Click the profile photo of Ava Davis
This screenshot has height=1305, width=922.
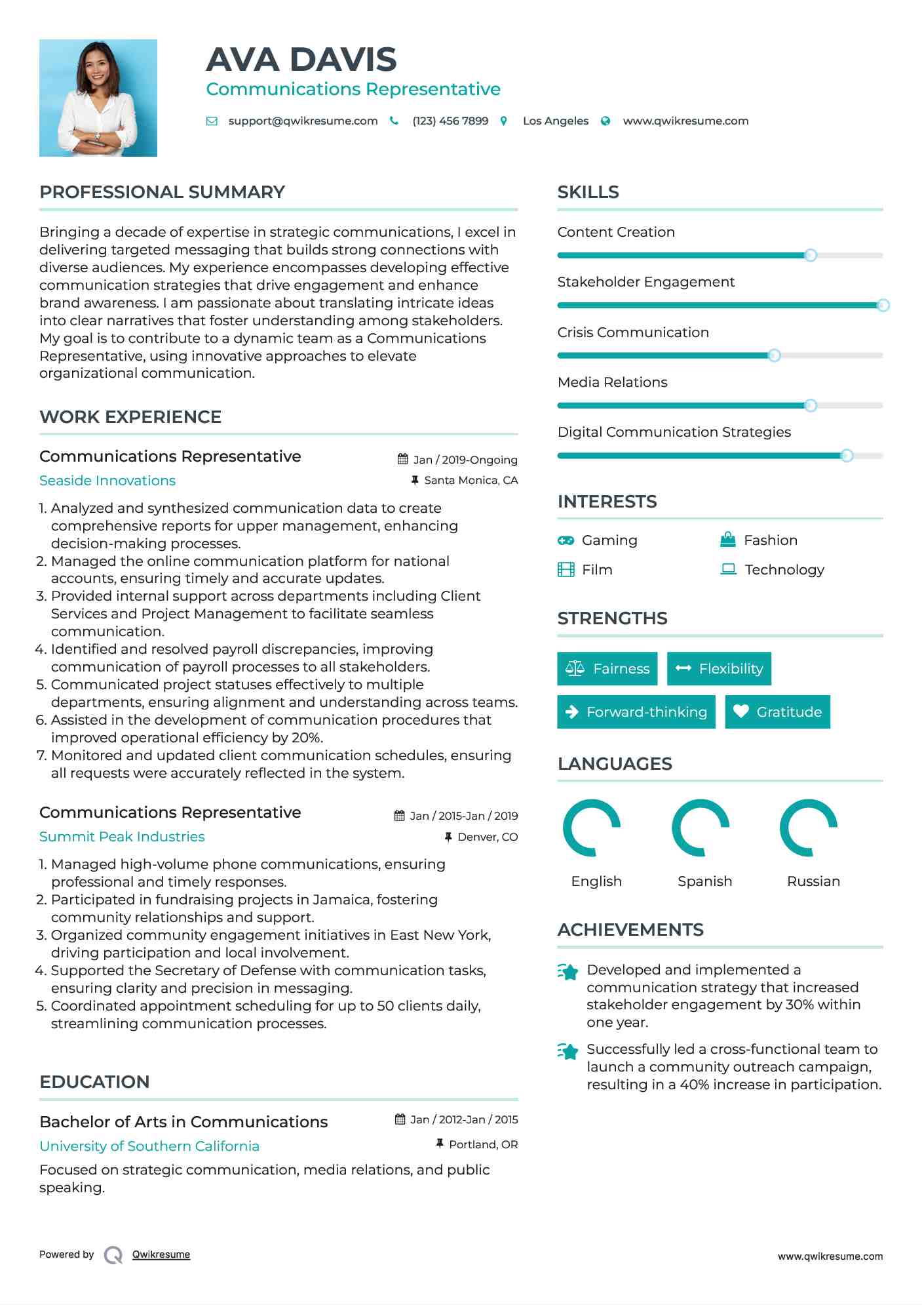[98, 98]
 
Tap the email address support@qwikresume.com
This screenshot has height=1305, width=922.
[303, 121]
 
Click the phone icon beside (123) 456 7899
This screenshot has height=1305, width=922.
[394, 121]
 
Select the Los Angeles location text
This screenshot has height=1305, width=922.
[555, 121]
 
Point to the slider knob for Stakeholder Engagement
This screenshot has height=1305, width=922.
[883, 305]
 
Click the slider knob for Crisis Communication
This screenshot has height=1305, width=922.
[774, 355]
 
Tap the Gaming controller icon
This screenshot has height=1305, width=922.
[566, 540]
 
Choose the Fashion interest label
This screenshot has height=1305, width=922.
[770, 540]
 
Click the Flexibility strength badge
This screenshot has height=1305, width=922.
[719, 668]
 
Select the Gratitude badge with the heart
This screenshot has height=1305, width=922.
[777, 712]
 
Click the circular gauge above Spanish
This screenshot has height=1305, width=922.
[701, 828]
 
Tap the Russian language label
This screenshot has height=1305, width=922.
[813, 881]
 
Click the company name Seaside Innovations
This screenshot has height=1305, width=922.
[107, 481]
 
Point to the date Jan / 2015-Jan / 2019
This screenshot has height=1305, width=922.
[463, 816]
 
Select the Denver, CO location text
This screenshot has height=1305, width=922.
[488, 837]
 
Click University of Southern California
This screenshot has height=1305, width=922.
[149, 1146]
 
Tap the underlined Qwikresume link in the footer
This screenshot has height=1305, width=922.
[161, 1255]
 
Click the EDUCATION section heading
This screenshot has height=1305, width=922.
[94, 1082]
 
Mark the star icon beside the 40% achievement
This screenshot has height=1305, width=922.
[567, 1051]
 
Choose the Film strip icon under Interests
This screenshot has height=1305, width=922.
[566, 569]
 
